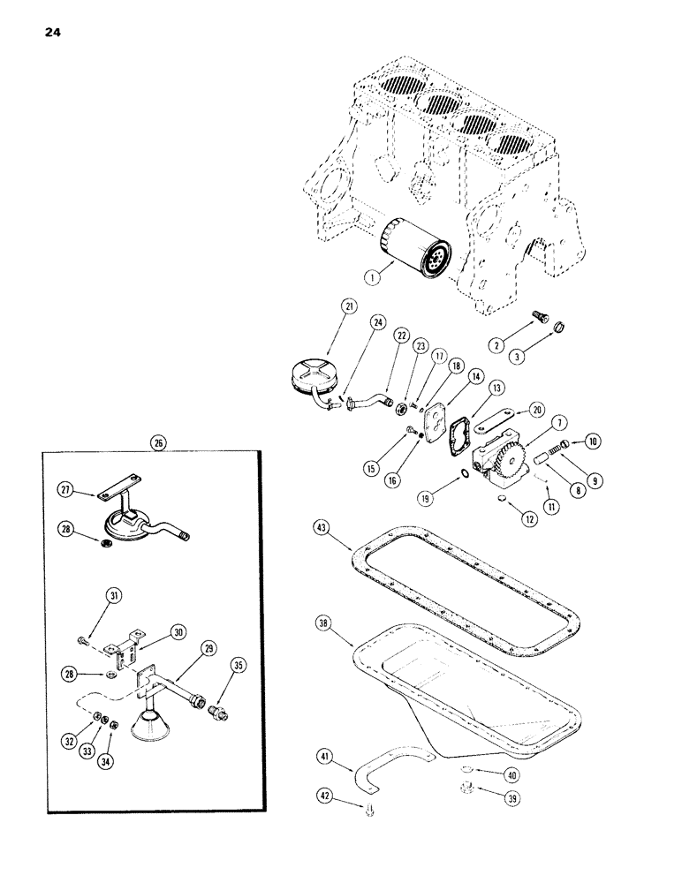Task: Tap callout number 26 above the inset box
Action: coord(159,443)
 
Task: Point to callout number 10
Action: coord(592,441)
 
